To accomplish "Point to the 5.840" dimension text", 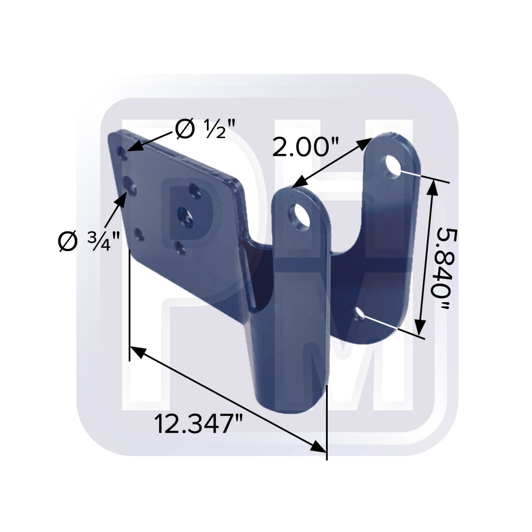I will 443,269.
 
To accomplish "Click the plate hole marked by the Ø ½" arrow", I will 123,153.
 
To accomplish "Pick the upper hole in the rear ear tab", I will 392,166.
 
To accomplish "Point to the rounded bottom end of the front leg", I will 290,400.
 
